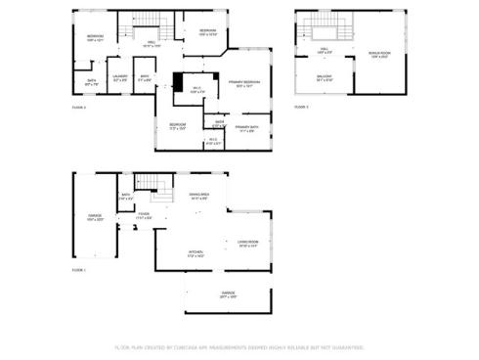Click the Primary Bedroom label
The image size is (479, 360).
coord(243,83)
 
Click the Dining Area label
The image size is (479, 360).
coord(197,197)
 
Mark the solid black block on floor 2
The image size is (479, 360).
coord(178,82)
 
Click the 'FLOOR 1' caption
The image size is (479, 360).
coord(78,269)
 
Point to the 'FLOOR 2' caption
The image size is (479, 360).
coord(78,107)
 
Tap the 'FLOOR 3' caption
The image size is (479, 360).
coord(302,106)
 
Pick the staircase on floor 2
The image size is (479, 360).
coord(144,22)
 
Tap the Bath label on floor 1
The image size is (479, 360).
coord(126,196)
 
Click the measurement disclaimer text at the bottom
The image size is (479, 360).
coord(239,347)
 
